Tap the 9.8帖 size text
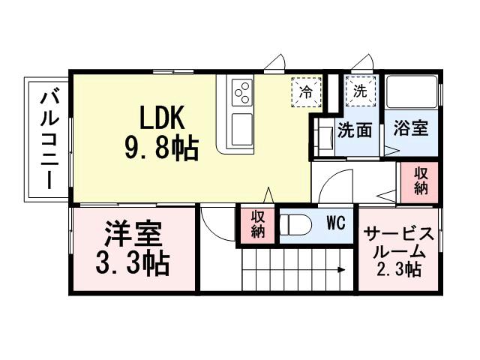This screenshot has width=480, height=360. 161,149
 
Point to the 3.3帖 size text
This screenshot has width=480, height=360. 132,264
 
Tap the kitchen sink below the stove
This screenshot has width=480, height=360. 243,128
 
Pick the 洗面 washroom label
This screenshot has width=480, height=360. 355,130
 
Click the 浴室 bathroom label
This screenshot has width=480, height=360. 410,128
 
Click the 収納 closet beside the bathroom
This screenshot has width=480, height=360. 421,181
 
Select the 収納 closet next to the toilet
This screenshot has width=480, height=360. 258,223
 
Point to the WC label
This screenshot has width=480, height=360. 335,223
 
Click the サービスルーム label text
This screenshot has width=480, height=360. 397,242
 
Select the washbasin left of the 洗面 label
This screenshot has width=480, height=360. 324,138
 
